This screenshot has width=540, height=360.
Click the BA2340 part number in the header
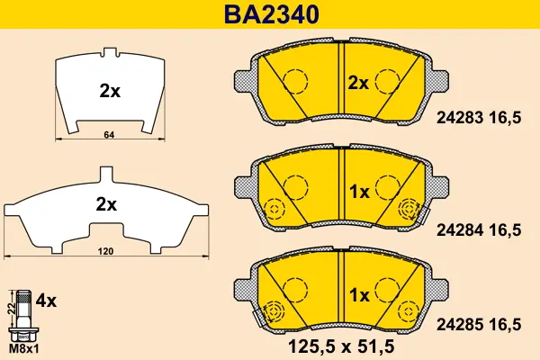pyautogui.click(x=272, y=14)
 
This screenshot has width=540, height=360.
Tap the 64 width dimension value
pyautogui.click(x=109, y=135)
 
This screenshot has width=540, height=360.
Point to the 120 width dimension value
pyautogui.click(x=105, y=251)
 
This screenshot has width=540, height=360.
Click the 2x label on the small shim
pyautogui.click(x=110, y=91)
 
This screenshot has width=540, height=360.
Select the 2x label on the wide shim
pyautogui.click(x=106, y=204)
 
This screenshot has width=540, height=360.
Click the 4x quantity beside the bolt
pyautogui.click(x=46, y=301)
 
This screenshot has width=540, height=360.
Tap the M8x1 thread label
pyautogui.click(x=23, y=349)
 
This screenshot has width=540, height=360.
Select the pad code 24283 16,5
pyautogui.click(x=479, y=118)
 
